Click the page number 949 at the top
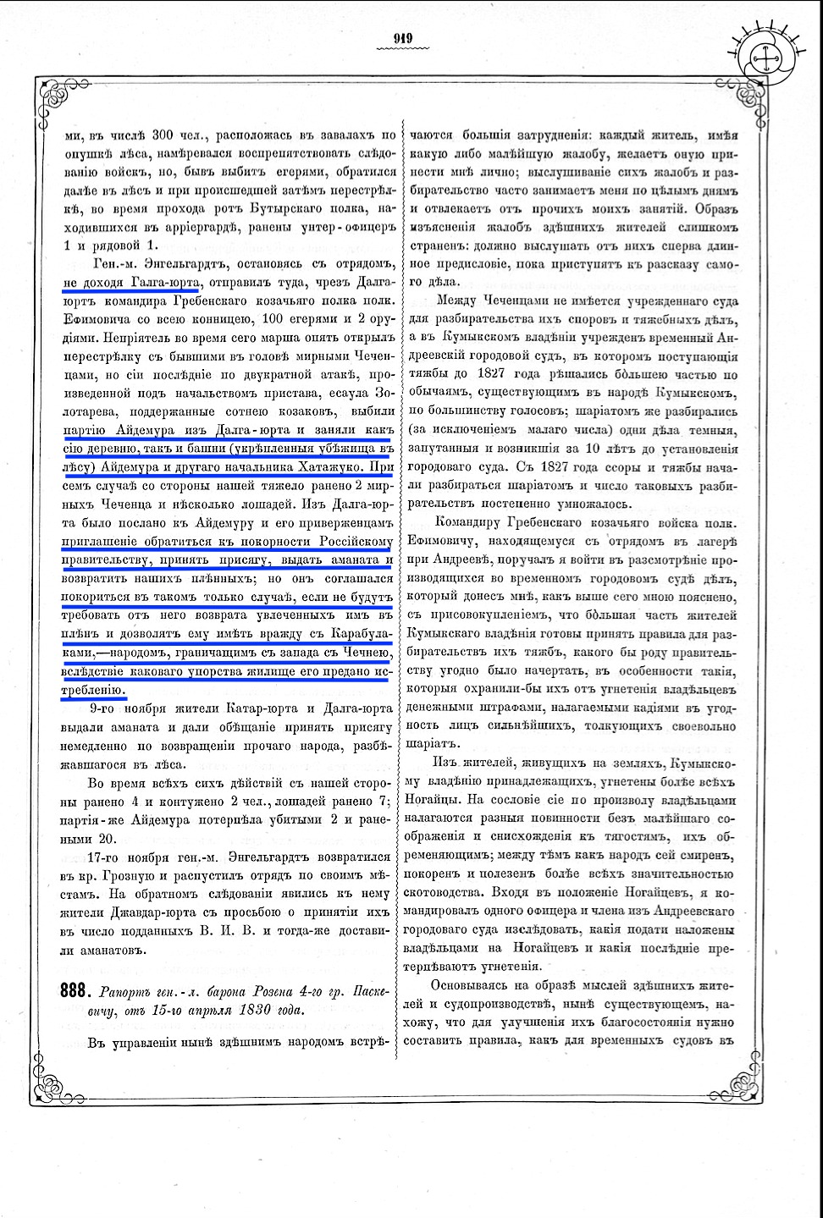pyautogui.click(x=402, y=36)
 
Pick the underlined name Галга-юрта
pyautogui.click(x=164, y=281)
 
